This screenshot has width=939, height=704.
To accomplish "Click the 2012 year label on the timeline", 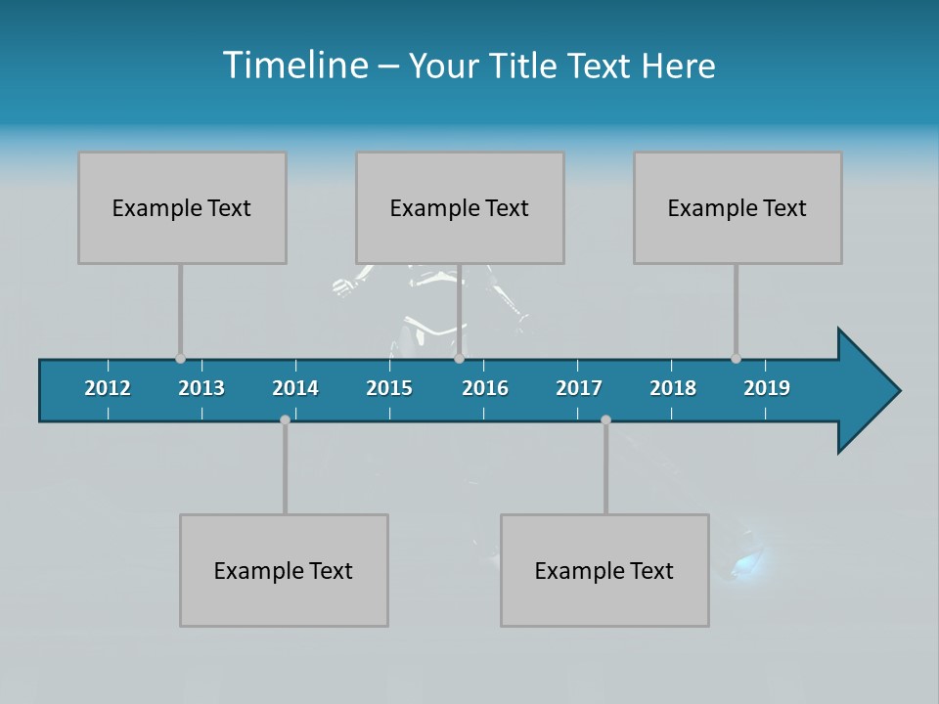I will [108, 388].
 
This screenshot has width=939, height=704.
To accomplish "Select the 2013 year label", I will [201, 388].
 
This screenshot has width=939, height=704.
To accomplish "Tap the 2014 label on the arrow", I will [295, 388].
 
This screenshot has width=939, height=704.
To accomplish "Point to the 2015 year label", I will [389, 388].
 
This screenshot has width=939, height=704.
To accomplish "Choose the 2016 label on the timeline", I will [485, 388].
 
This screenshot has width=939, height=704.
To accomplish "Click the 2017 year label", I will [579, 388].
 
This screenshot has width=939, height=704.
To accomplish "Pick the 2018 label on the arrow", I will [673, 388].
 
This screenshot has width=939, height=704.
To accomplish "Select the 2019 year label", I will [767, 388].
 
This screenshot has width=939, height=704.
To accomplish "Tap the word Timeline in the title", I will [294, 66].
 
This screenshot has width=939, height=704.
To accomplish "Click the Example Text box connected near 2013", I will [182, 207].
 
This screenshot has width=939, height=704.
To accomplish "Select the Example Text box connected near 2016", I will [460, 207].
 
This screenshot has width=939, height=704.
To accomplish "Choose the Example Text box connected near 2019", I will [738, 207].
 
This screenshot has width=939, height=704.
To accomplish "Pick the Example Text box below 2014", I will [284, 570].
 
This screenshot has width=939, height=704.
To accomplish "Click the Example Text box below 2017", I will [604, 570].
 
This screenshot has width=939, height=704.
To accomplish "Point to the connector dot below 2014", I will [285, 419].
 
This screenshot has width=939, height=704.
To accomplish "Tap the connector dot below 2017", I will [605, 419].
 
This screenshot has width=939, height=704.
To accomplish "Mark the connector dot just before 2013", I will [180, 359].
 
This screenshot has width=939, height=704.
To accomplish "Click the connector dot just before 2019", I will [736, 359].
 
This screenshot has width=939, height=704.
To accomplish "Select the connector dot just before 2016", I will [459, 359].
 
